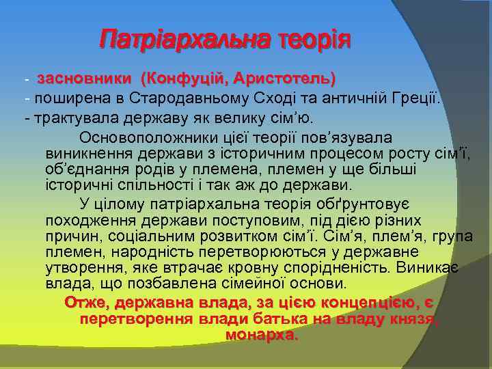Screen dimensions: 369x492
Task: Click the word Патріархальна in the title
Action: [x=183, y=40]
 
